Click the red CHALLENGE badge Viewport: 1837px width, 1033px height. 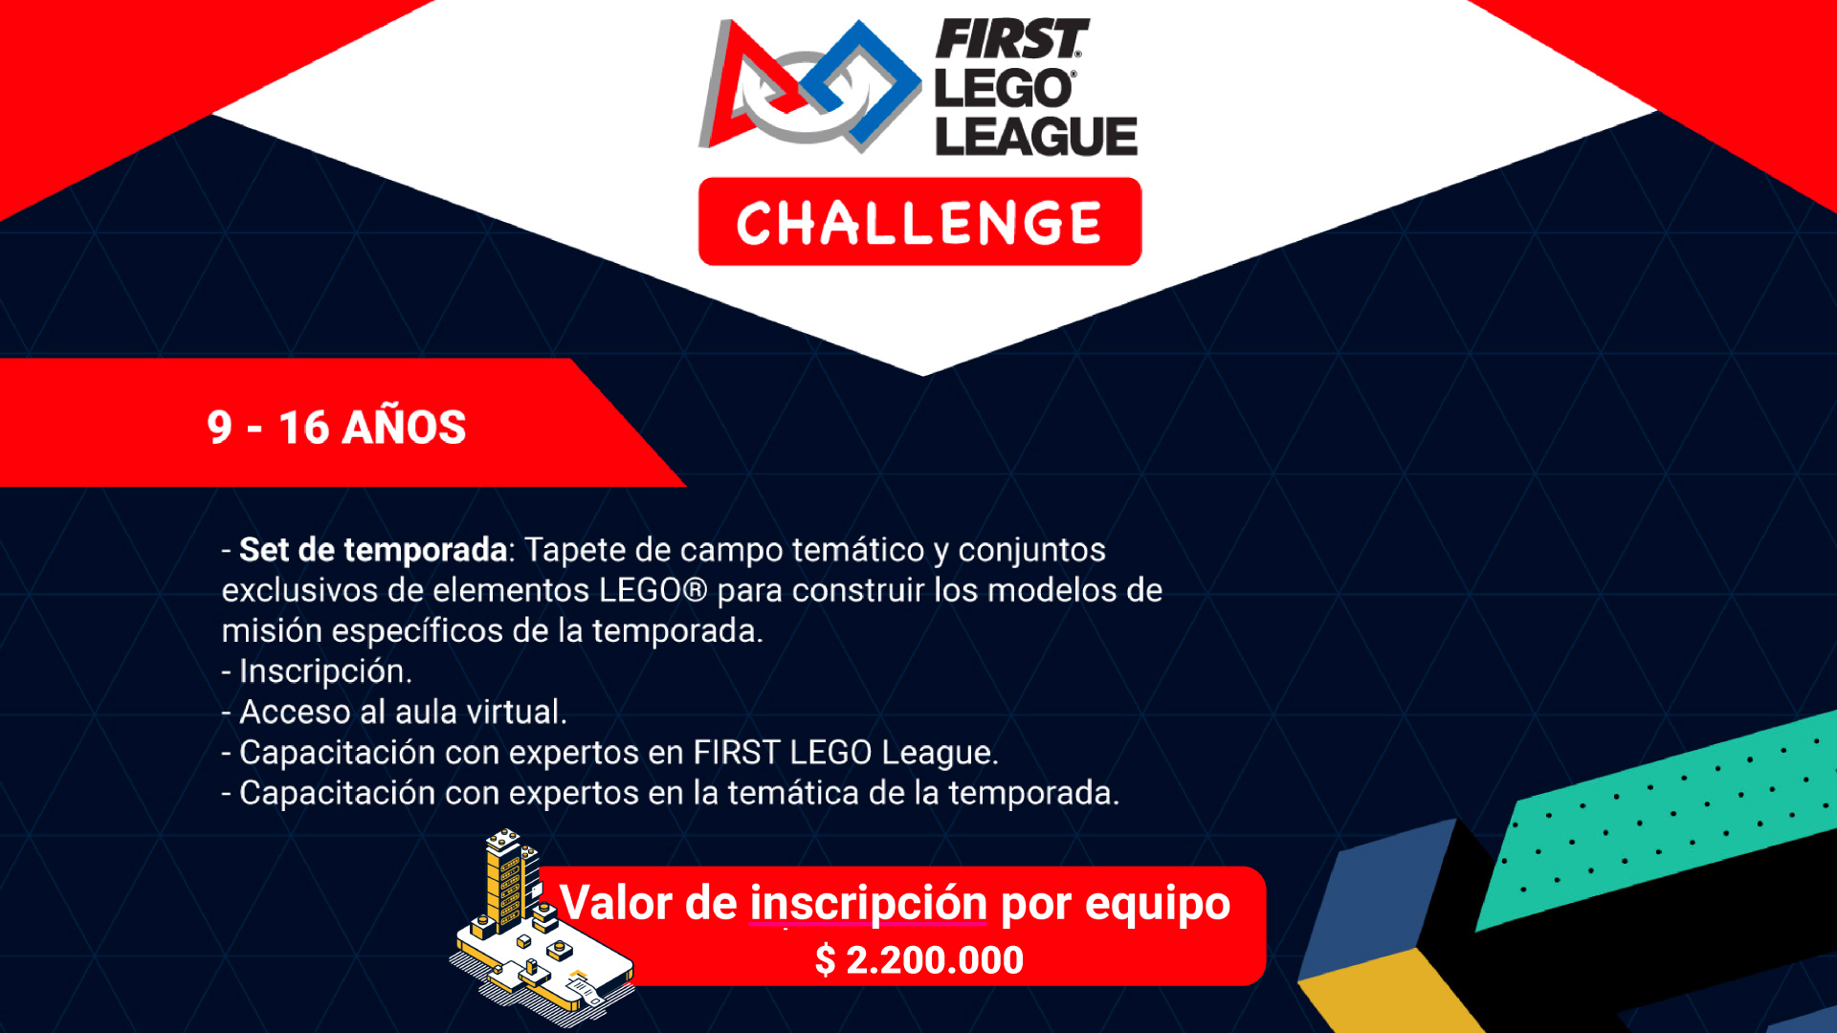click(919, 222)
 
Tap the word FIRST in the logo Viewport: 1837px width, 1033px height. click(1011, 39)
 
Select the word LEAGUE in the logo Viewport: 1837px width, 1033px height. click(1036, 136)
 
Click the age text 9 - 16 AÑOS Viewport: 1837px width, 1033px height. click(336, 427)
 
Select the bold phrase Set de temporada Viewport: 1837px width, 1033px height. click(373, 550)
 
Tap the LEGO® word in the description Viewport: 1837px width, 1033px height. click(653, 590)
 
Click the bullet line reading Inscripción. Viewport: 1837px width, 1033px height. click(317, 671)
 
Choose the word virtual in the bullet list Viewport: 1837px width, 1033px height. click(519, 712)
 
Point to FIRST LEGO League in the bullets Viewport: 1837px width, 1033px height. click(846, 753)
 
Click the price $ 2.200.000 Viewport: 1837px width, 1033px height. click(919, 959)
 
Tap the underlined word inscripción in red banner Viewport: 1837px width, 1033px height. click(869, 903)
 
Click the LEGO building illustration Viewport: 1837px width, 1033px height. click(542, 928)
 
